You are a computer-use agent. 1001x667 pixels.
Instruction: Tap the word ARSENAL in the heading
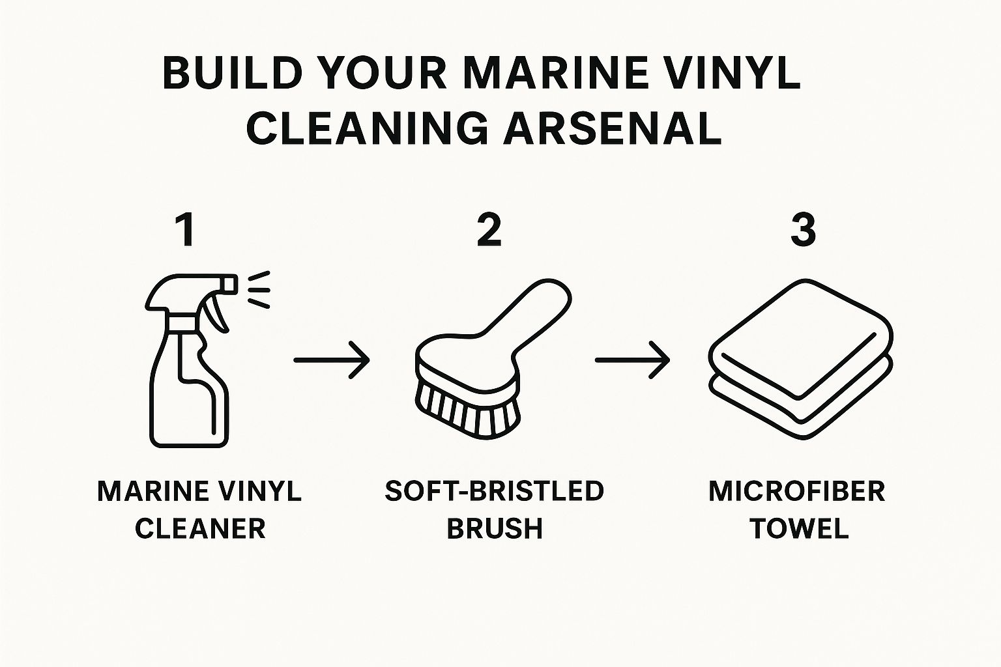[x=612, y=128]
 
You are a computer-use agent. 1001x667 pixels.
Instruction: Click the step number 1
[x=186, y=230]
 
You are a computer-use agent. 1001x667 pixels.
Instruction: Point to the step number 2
[x=489, y=230]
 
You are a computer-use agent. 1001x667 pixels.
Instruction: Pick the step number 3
[x=804, y=230]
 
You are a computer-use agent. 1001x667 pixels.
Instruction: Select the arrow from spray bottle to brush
[x=332, y=360]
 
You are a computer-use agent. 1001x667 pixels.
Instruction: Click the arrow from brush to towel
[x=632, y=360]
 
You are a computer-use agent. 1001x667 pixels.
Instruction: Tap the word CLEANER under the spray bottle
[x=200, y=528]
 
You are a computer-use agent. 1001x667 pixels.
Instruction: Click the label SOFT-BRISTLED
[x=494, y=491]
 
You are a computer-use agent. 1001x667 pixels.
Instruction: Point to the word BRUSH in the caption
[x=495, y=528]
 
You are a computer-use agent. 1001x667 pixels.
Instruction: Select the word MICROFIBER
[x=797, y=491]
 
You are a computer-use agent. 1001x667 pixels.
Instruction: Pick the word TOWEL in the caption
[x=800, y=528]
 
